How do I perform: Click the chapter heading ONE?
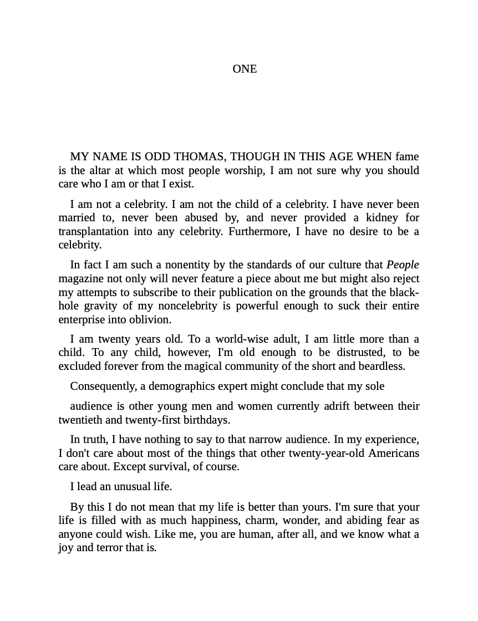(245, 69)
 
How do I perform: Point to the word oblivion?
(150, 319)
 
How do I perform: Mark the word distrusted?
(360, 353)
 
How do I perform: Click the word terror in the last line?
(102, 547)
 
